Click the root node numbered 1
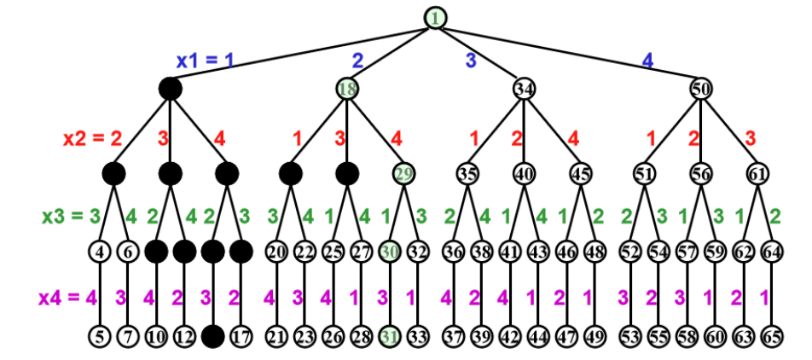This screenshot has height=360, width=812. click(x=436, y=17)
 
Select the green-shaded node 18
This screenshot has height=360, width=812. click(x=347, y=88)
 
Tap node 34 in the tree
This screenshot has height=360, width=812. click(x=525, y=88)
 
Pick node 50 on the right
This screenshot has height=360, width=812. click(x=701, y=88)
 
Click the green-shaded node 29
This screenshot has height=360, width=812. click(x=403, y=173)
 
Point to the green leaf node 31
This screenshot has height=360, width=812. click(x=390, y=335)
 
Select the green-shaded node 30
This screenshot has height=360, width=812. click(x=390, y=253)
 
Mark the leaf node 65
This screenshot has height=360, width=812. click(x=771, y=335)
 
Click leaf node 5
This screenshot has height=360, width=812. click(x=101, y=335)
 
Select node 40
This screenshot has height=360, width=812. click(x=524, y=173)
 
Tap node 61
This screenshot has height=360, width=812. click(x=757, y=173)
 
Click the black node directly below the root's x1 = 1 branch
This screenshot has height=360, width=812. click(x=171, y=88)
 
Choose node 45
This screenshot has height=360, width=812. click(x=580, y=173)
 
